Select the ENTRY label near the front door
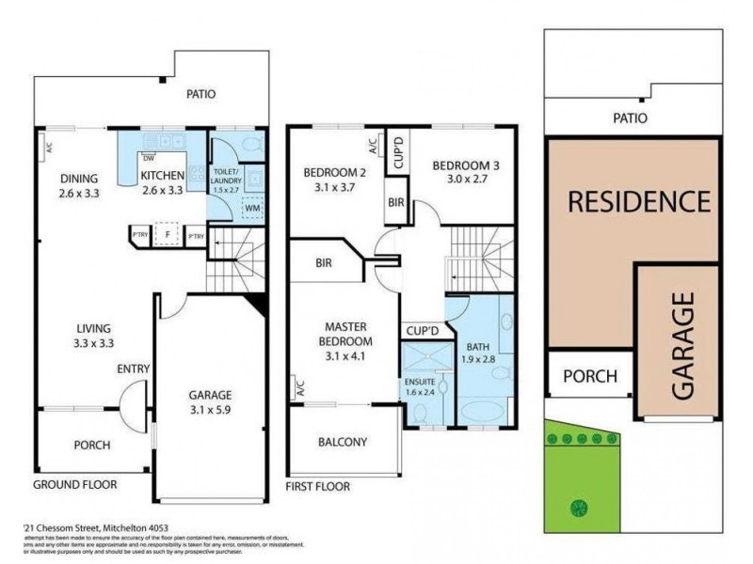pos(133,369)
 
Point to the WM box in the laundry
pos(251,209)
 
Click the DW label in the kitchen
pos(149,158)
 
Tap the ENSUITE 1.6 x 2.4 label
pos(420,386)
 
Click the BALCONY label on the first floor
pos(342,442)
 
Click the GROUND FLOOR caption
pos(75,485)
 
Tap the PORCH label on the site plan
pos(590,377)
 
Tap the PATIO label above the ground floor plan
pos(200,94)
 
